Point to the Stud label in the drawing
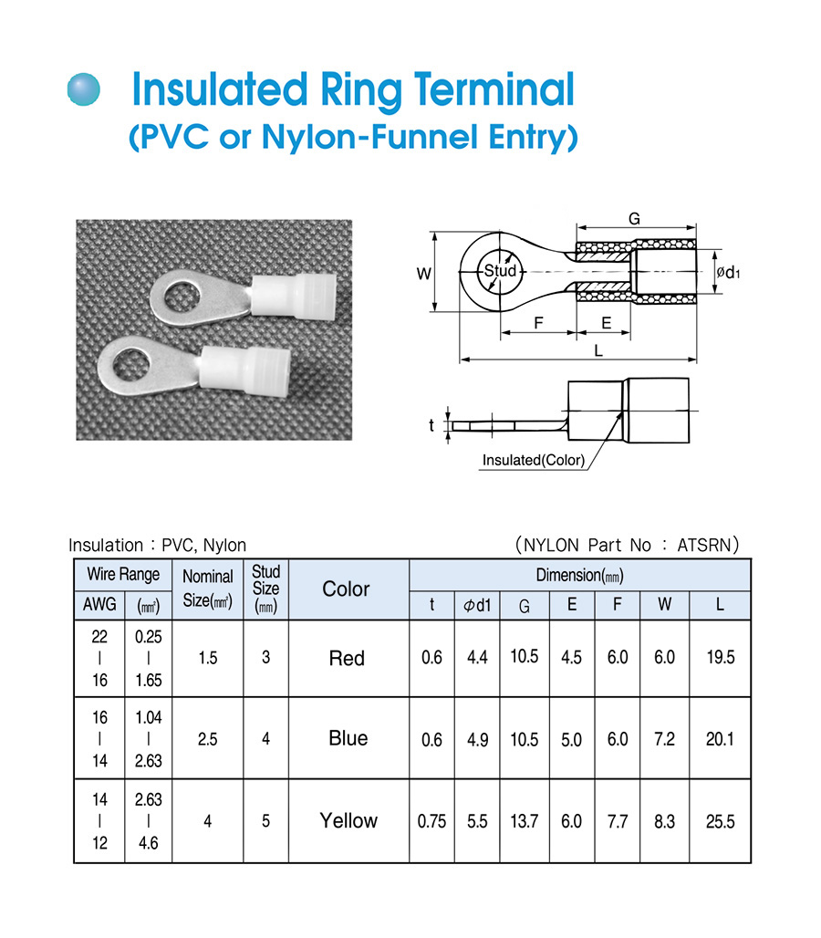tap(500, 271)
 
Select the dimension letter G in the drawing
tap(634, 218)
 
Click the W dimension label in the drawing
tap(423, 273)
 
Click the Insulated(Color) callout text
tap(534, 460)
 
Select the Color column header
tap(347, 589)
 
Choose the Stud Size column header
tap(265, 589)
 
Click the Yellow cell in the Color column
tap(348, 820)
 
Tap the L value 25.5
tap(720, 821)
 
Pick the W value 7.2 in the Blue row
tap(664, 739)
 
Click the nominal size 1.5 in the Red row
tap(208, 658)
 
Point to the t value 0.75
tap(431, 821)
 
